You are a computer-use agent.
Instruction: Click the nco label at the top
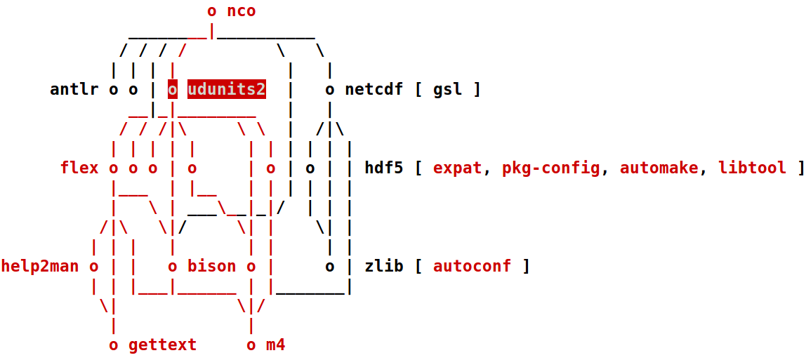[241, 11]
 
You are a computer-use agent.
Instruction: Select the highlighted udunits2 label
[227, 90]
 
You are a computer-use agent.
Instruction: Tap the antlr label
[74, 90]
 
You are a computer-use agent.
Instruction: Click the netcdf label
[374, 90]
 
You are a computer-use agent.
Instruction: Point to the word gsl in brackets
[448, 90]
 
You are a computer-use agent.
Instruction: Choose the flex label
[79, 168]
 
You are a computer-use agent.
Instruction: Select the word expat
[458, 168]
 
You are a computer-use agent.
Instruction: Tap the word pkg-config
[551, 168]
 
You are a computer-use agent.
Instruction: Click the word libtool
[752, 168]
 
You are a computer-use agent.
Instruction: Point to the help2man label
[40, 267]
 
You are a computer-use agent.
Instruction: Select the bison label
[212, 267]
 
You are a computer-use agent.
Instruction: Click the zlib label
[384, 267]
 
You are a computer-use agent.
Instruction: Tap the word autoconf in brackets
[473, 267]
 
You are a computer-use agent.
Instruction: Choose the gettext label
[163, 345]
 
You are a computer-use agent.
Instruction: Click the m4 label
[276, 345]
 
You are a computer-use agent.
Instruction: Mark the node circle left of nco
[212, 11]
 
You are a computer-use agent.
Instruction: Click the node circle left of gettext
[114, 345]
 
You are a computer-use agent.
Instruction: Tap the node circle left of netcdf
[330, 90]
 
